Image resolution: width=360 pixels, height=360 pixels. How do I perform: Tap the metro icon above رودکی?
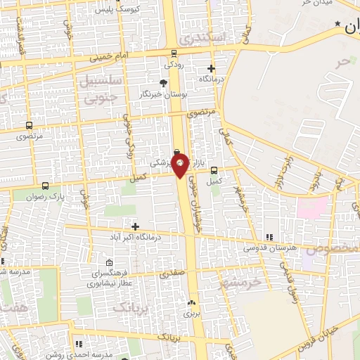[174, 53]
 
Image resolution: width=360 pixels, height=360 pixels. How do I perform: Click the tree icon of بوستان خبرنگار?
[164, 83]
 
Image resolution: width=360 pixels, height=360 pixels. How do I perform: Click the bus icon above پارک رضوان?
[46, 186]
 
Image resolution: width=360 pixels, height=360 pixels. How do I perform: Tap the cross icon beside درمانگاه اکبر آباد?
[135, 226]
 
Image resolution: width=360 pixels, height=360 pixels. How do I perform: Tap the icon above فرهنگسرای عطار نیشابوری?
[107, 262]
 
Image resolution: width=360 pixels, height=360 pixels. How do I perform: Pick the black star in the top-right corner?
[339, 25]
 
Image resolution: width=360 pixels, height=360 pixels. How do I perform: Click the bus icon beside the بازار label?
[214, 169]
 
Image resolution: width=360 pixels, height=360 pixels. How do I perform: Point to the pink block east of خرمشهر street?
[313, 207]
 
